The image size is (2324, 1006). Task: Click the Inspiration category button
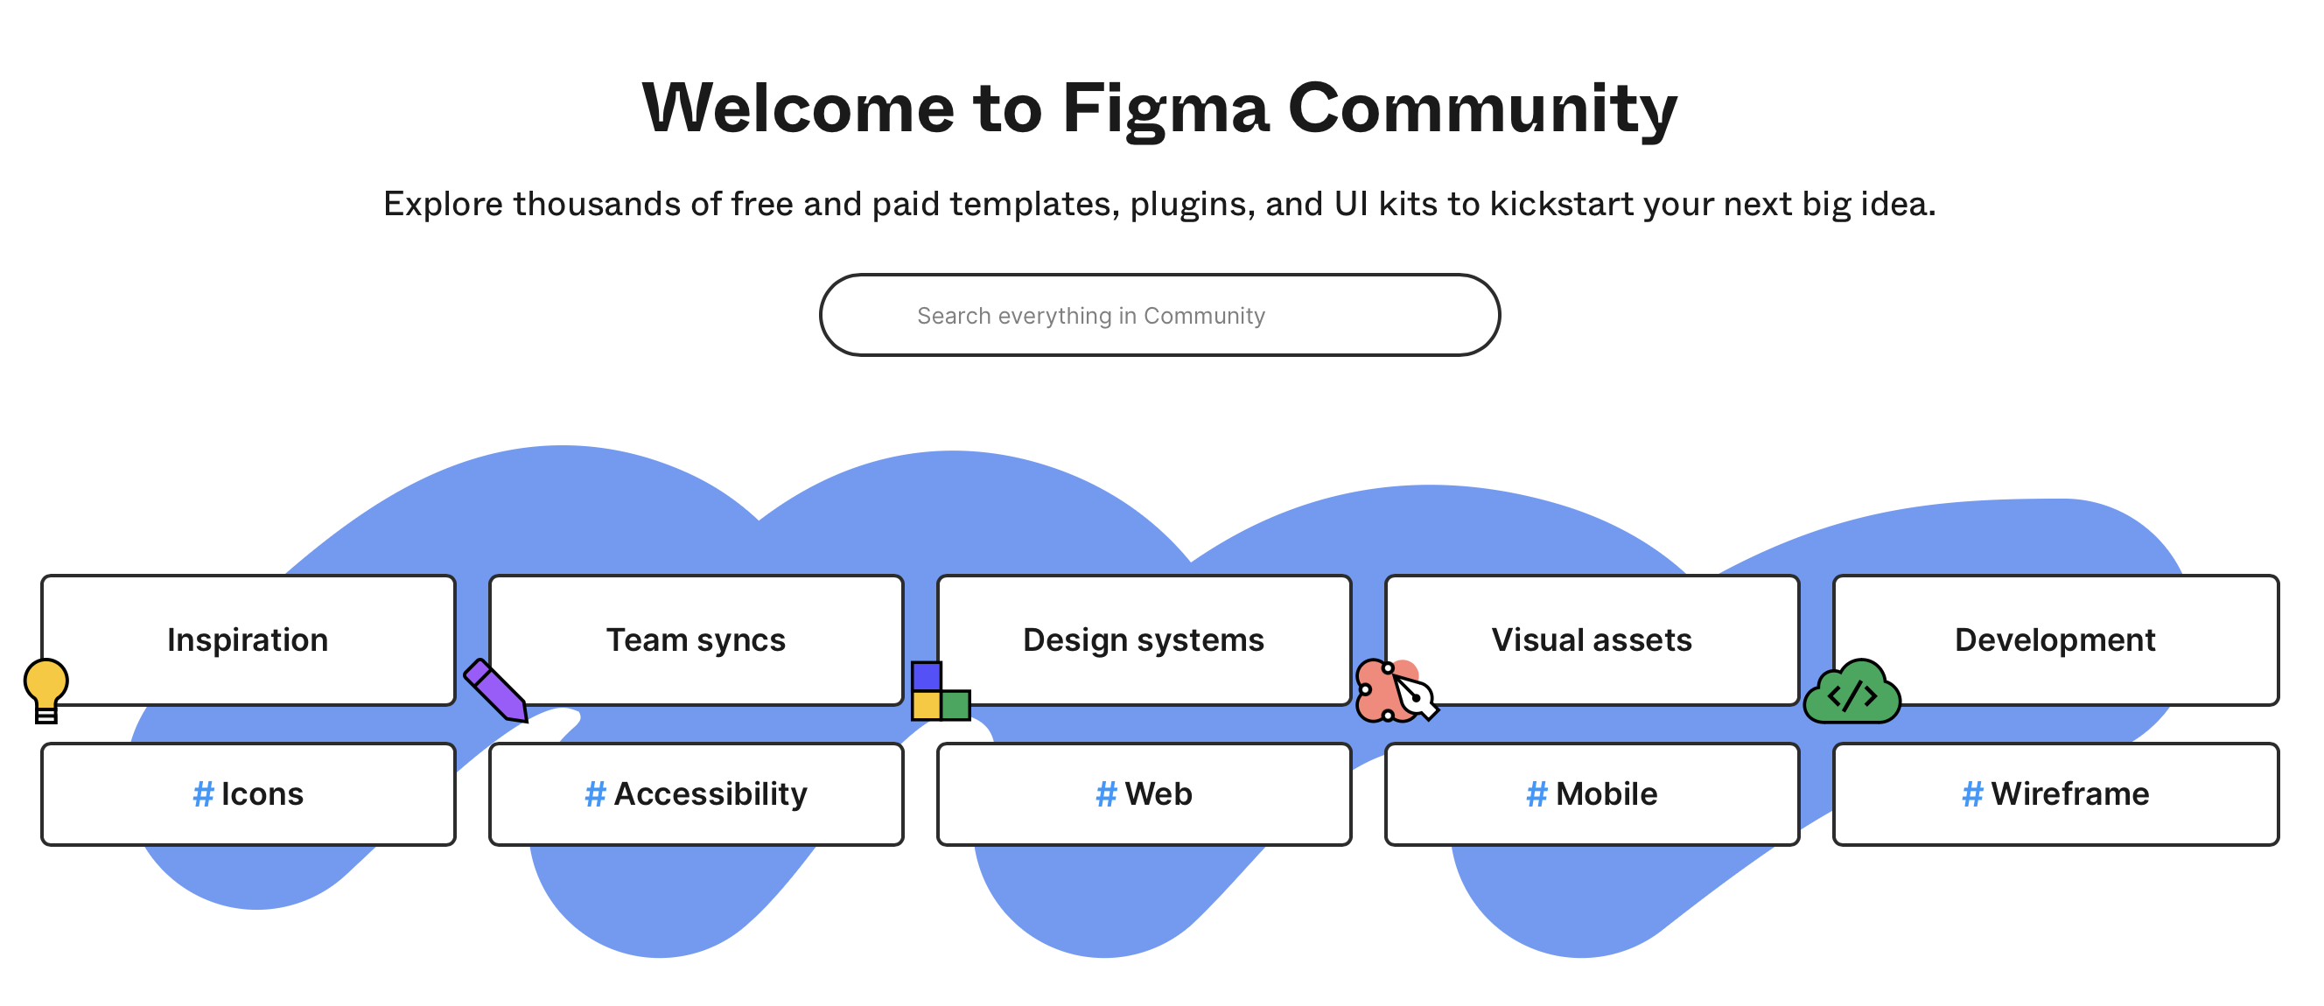248,639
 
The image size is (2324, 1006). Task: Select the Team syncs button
696,639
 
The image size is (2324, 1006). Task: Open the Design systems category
1143,639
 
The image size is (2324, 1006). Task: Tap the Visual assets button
1592,639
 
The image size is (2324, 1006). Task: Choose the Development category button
2055,639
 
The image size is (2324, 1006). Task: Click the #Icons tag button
248,794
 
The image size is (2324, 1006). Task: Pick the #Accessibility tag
696,794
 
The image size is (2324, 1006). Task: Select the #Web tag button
1143,794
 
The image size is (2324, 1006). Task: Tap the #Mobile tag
1592,794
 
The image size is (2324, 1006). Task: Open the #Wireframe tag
2055,794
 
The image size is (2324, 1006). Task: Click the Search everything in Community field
1159,315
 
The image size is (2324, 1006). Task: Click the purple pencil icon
495,690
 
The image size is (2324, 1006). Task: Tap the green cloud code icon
1851,694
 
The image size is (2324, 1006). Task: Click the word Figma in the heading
1165,108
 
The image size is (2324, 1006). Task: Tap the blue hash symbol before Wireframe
1972,794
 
